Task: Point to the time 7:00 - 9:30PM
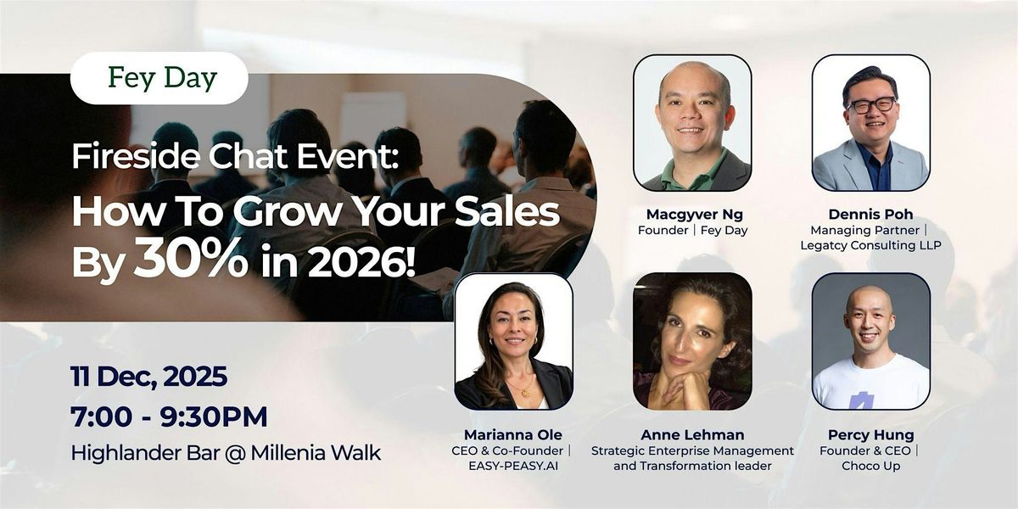(169, 417)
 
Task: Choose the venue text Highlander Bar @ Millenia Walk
(226, 452)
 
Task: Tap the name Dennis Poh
(870, 213)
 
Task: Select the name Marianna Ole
(513, 434)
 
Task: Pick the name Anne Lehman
(692, 434)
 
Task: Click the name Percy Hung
(870, 434)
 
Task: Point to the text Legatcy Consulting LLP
(870, 246)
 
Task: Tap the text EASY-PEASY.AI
(513, 467)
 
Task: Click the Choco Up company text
(870, 467)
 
